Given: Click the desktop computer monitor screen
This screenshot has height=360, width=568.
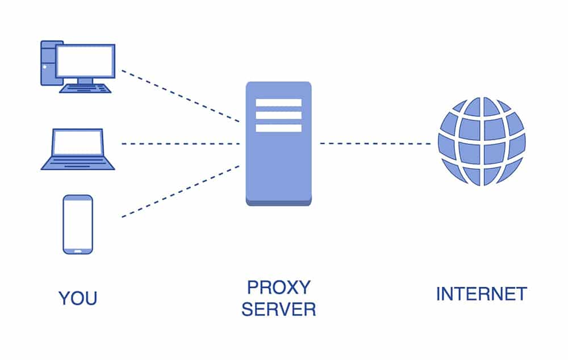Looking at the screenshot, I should (85, 61).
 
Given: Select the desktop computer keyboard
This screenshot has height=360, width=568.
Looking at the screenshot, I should (85, 88).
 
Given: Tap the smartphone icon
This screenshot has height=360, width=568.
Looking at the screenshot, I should (78, 224).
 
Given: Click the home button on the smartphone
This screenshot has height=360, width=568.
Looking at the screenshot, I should (78, 250).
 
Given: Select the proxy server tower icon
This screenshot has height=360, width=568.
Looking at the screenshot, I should (278, 165).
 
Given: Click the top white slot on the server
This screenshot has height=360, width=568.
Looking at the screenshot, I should (278, 103).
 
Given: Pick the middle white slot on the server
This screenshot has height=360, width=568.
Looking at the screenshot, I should (278, 115).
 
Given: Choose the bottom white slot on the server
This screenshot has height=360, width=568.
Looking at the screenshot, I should (278, 128).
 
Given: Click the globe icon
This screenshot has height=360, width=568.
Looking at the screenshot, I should (482, 141).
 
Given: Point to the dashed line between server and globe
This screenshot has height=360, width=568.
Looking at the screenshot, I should (375, 144).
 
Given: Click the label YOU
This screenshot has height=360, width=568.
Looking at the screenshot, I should (78, 298).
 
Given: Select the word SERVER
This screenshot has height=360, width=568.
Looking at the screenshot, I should (278, 310).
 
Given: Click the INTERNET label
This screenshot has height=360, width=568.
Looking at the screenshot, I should (481, 294).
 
